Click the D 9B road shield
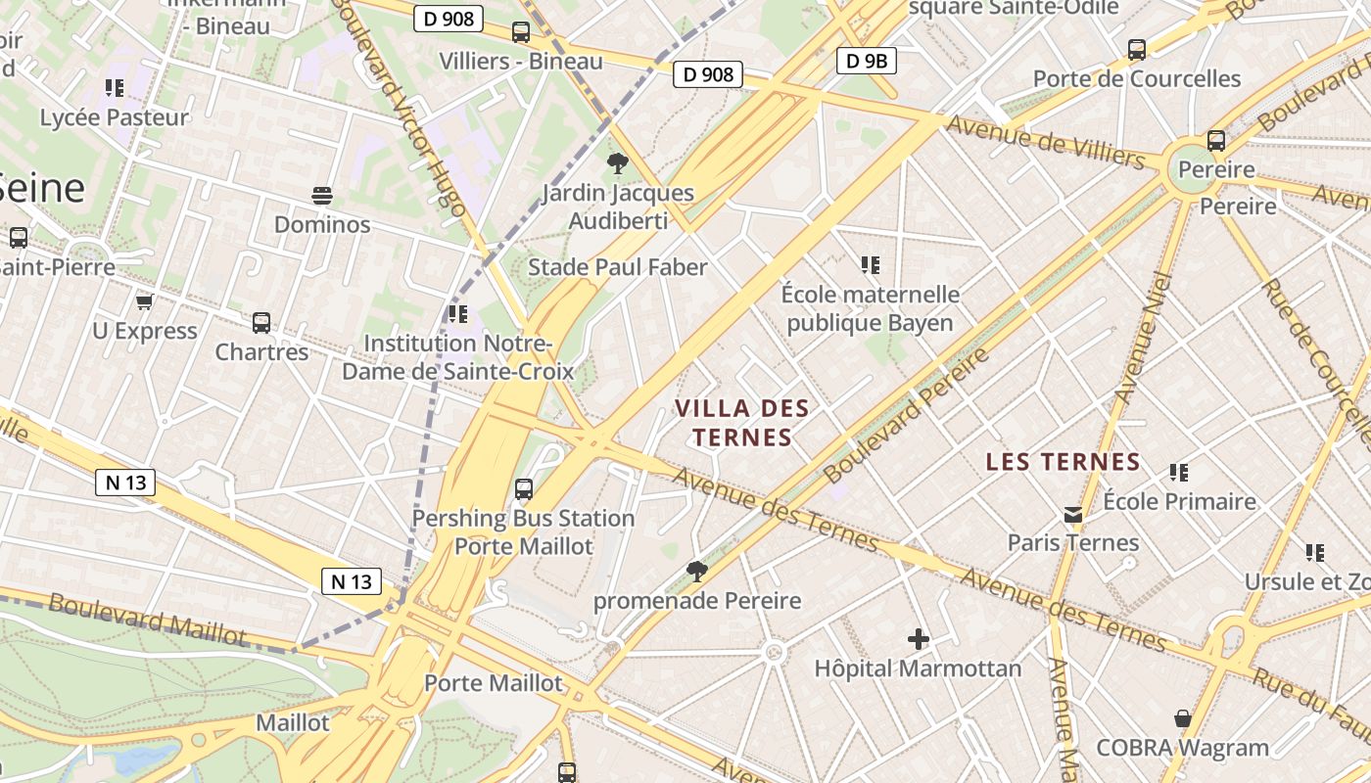coord(867,61)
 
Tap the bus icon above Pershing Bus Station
coord(524,488)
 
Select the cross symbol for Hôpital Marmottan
coord(918,639)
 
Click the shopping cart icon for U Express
coord(145,301)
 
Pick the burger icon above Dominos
coord(322,195)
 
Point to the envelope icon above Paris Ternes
coord(1073,514)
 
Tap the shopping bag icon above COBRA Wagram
coord(1182,718)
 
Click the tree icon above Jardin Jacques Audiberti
coord(617,162)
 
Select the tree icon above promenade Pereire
coord(697,571)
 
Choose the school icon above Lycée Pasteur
coord(115,88)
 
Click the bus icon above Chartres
coord(261,322)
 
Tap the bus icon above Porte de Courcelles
coord(1137,49)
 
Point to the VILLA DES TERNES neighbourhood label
coord(743,422)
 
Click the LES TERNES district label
coord(1063,461)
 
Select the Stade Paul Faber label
coord(617,266)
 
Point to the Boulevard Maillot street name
coord(147,619)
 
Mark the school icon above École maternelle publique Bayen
coord(870,264)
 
